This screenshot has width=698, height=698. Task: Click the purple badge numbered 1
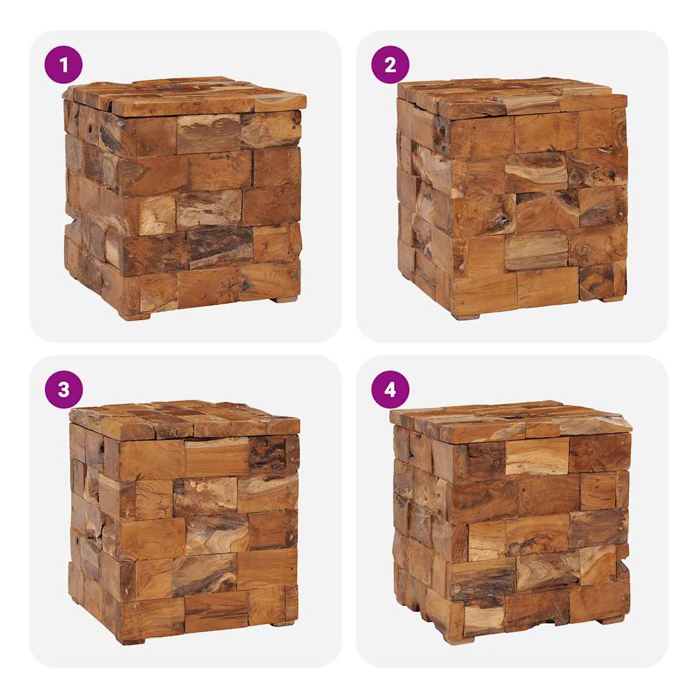(63, 65)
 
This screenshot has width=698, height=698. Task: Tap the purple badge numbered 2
(390, 65)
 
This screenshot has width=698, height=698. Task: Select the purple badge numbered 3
(63, 390)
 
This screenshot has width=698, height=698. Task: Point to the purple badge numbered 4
(390, 390)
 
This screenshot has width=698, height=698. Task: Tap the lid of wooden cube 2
(512, 97)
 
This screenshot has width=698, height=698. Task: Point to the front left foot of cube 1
(136, 317)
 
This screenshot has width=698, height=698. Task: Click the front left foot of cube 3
(131, 641)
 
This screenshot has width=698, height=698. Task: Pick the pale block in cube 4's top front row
(537, 457)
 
